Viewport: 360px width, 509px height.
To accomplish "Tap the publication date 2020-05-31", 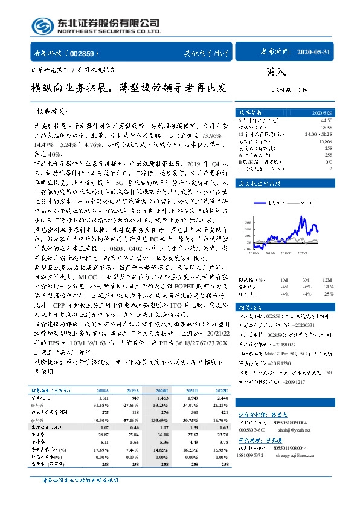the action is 314,53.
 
